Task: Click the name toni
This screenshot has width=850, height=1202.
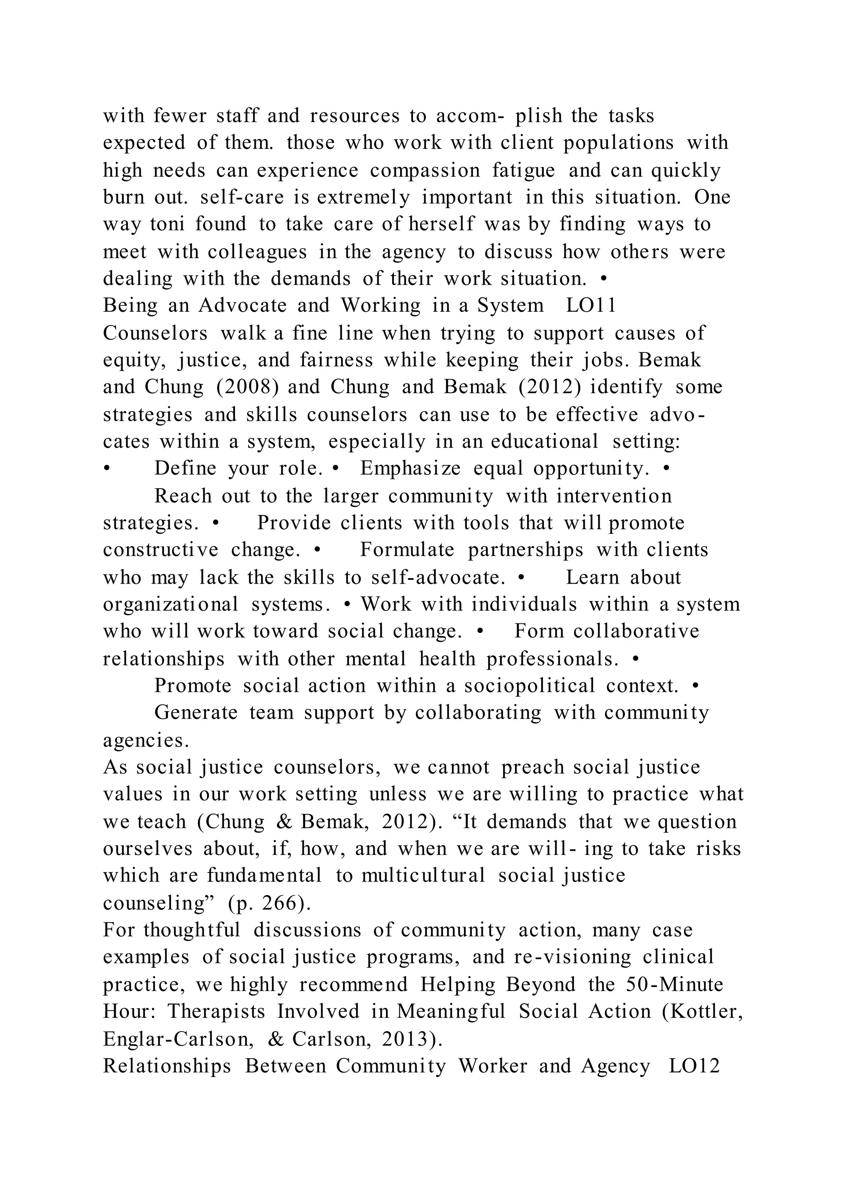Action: tap(168, 225)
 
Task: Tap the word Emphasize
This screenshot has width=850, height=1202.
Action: tap(410, 469)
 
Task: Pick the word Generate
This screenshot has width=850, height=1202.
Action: tap(196, 713)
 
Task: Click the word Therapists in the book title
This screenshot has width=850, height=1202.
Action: tap(216, 1012)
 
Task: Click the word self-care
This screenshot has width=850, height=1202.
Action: tap(242, 198)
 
